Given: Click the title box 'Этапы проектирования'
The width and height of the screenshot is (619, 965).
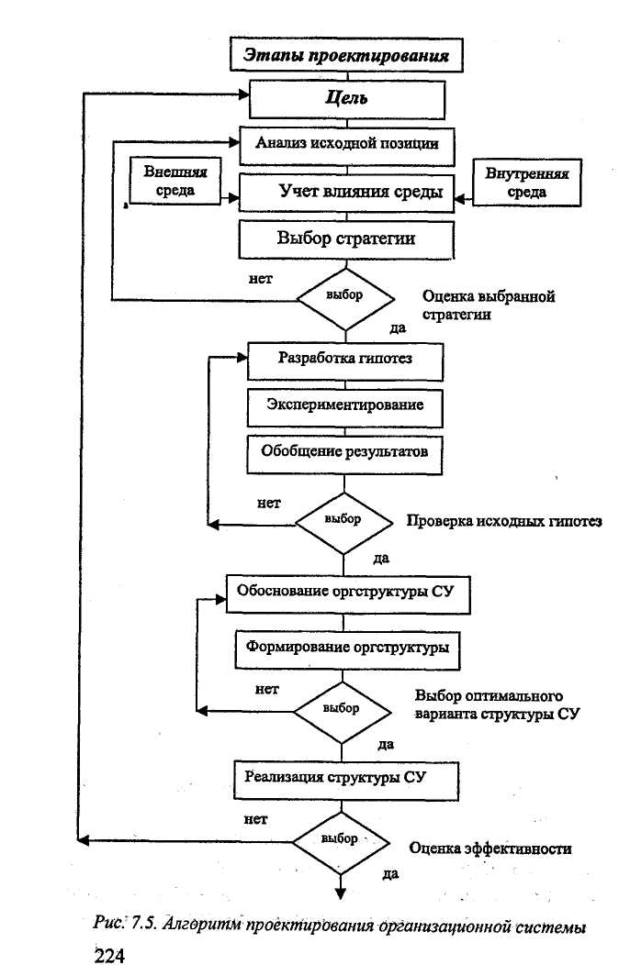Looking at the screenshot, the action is [346, 55].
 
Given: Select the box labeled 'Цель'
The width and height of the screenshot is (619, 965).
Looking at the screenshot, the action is [347, 99].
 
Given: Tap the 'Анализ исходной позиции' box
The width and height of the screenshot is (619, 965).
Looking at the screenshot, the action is [347, 145].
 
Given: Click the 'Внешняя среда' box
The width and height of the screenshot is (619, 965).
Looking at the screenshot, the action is [174, 181].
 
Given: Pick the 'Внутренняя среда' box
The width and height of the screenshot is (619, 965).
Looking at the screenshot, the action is [526, 183].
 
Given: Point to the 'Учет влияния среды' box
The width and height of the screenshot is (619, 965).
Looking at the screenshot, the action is [347, 193].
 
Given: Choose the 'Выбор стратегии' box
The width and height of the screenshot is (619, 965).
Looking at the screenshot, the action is [346, 239].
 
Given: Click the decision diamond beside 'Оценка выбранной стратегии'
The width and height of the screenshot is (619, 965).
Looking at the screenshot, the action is [345, 299].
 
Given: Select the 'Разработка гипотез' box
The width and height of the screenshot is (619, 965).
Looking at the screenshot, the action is [345, 361].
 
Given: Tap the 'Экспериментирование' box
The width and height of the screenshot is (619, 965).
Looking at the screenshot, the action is [345, 407].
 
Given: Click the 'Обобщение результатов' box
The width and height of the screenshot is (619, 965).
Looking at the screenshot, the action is [344, 455].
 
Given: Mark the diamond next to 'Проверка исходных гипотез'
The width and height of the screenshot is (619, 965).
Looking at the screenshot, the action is [343, 523].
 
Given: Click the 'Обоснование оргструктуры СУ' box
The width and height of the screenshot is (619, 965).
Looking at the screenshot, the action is [348, 593].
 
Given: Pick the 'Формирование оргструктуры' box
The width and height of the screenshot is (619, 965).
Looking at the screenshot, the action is [347, 649].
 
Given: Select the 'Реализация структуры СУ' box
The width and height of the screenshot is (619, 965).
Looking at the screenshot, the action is [346, 781].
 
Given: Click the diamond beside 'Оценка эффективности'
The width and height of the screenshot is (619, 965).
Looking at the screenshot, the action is [341, 842].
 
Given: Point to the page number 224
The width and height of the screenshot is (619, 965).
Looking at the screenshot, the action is [109, 955].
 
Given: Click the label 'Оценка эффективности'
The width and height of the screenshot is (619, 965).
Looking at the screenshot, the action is [490, 849].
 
